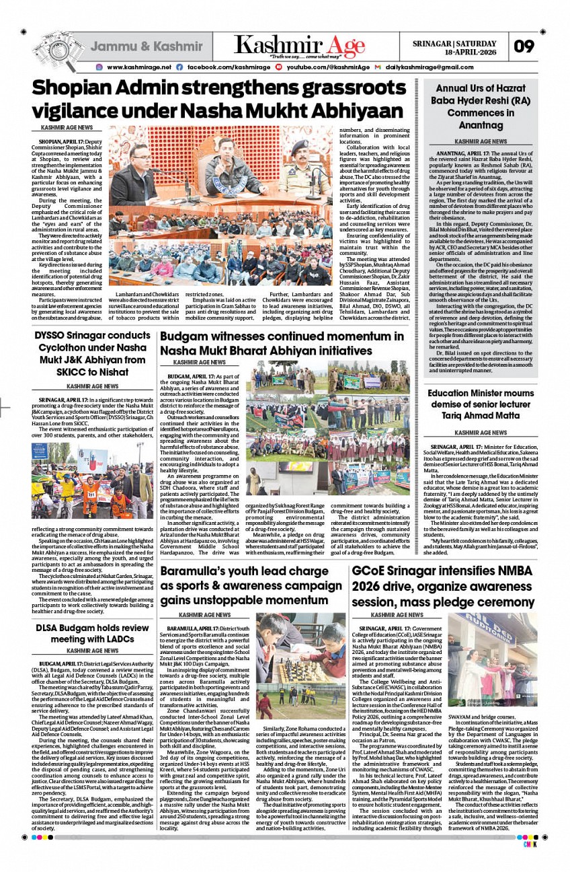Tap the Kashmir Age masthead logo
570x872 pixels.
pos(300,45)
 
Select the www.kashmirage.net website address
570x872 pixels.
pos(138,67)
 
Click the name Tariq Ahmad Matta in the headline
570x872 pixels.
pos(481,415)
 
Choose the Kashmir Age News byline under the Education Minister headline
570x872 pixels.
pos(481,433)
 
